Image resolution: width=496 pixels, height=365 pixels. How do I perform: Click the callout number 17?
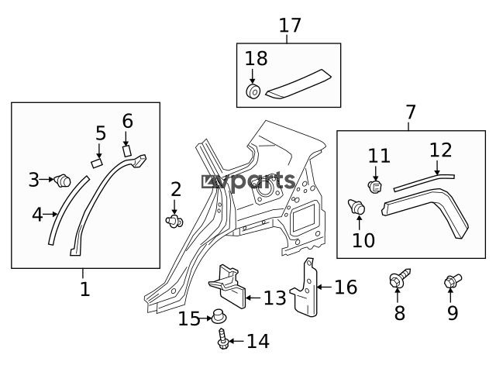tap(289, 25)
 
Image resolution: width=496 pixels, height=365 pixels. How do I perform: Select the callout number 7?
tap(411, 113)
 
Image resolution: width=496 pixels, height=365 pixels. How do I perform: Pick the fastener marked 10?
tap(358, 208)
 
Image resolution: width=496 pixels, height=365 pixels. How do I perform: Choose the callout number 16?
tap(346, 288)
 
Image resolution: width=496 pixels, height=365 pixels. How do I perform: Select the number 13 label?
tap(274, 298)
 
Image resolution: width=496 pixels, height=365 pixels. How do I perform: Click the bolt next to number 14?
tap(223, 338)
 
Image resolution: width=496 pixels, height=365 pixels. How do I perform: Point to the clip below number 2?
tap(175, 222)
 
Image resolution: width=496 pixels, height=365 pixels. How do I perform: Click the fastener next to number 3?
tap(62, 181)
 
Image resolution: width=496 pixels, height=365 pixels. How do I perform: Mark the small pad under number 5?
tap(98, 163)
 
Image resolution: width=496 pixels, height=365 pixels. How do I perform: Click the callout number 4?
tap(36, 214)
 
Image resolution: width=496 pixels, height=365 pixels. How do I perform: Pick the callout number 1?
tap(84, 290)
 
